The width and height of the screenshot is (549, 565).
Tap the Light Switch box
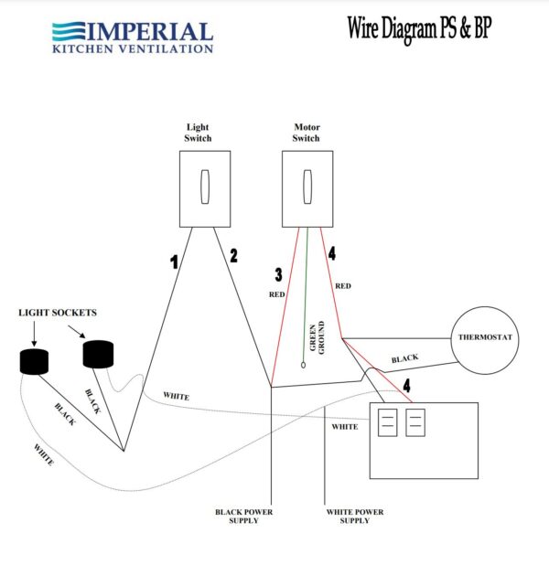click(x=202, y=188)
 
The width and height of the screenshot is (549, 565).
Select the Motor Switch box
click(x=306, y=188)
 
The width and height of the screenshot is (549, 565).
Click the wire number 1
click(x=173, y=262)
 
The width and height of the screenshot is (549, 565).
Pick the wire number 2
click(x=233, y=256)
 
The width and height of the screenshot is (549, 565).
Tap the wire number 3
click(x=278, y=274)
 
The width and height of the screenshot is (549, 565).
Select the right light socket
click(x=99, y=353)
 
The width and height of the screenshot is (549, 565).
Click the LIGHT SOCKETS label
click(x=57, y=313)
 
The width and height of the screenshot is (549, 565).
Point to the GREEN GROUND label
click(x=316, y=338)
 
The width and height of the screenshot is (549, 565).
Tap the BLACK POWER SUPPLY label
click(x=243, y=516)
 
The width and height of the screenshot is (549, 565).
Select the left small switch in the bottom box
click(x=387, y=422)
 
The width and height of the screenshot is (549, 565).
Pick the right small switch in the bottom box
click(x=415, y=422)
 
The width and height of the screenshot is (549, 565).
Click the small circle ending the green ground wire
click(x=303, y=366)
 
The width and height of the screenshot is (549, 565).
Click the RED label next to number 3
click(x=276, y=294)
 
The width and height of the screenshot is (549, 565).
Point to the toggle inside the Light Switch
click(x=203, y=187)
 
